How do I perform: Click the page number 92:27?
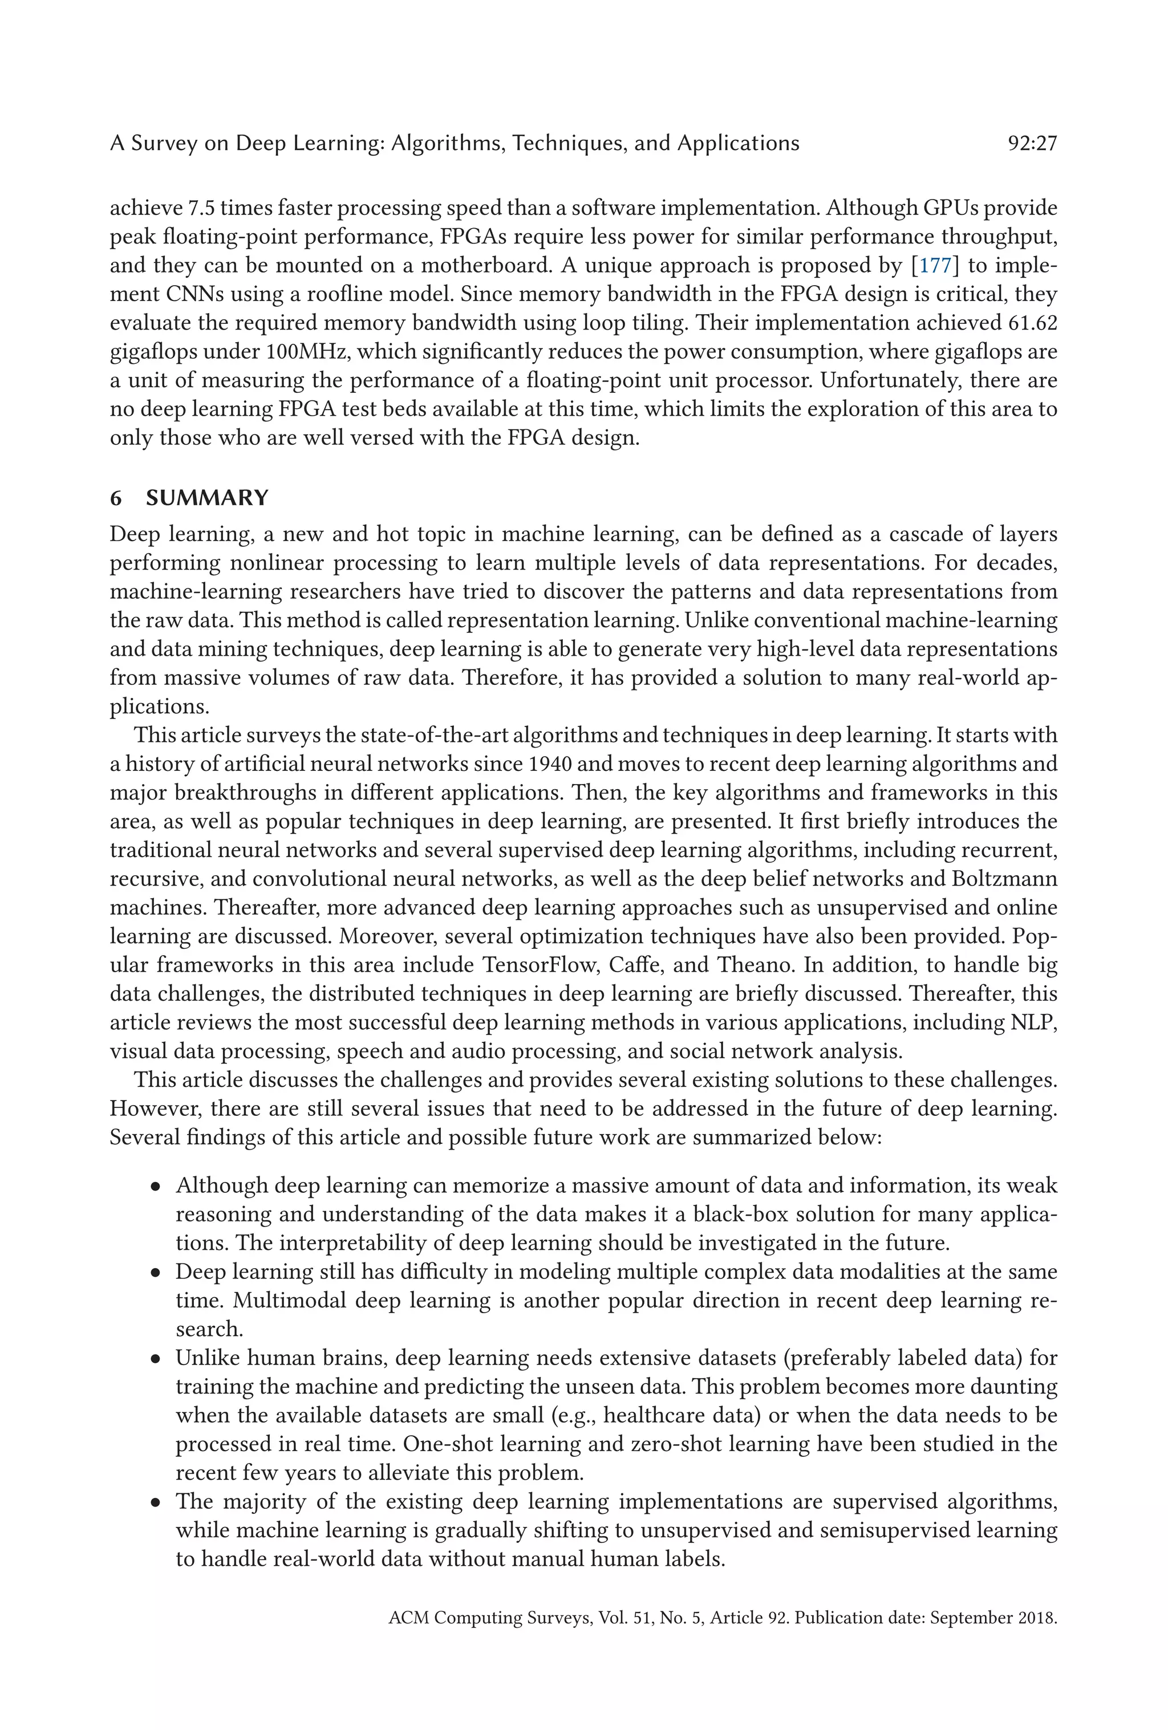click(1032, 143)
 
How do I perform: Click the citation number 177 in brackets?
click(935, 266)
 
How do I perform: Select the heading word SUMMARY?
click(207, 498)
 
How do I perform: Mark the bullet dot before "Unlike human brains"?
click(155, 1359)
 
